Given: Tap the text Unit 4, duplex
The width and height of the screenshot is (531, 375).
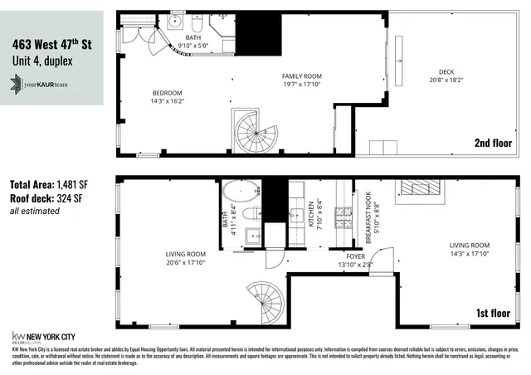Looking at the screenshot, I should click(x=41, y=61).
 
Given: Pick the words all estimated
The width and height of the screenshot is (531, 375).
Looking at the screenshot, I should click(x=34, y=212).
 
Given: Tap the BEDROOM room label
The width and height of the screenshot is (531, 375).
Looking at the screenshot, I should click(x=167, y=96).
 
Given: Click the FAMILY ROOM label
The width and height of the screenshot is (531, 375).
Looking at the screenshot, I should click(x=301, y=79).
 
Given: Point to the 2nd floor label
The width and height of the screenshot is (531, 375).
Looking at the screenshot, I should click(x=493, y=142).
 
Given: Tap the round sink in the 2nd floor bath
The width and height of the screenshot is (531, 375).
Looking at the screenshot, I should click(x=176, y=22).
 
